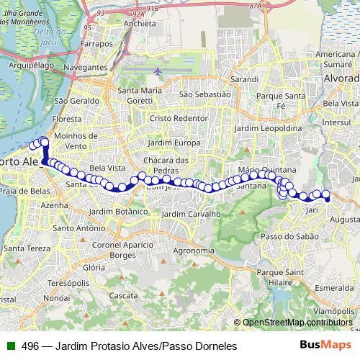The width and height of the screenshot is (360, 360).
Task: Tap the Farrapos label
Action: click(x=100, y=44)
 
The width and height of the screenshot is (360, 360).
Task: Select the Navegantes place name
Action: click(x=85, y=67)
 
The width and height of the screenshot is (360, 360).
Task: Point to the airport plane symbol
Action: click(x=158, y=71)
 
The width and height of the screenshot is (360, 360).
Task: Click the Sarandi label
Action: click(x=243, y=78)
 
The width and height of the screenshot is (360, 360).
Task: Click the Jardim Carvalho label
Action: click(x=191, y=214)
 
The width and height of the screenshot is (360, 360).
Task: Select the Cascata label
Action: click(x=123, y=295)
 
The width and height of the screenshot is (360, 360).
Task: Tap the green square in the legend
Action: click(x=9, y=346)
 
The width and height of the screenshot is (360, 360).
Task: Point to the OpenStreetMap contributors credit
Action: click(x=297, y=323)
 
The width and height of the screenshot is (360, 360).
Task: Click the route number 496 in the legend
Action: click(x=30, y=346)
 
